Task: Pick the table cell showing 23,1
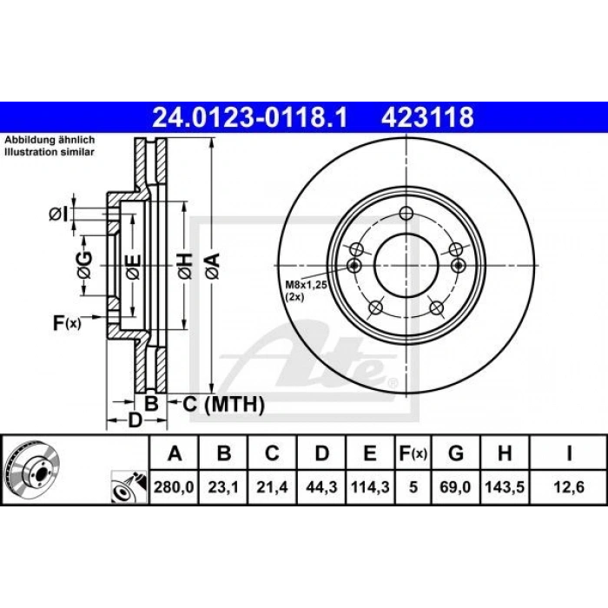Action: point(224,486)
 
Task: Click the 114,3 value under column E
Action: point(370,486)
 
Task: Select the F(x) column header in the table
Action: point(413,453)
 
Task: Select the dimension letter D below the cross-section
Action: point(135,422)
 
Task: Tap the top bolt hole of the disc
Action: point(406,215)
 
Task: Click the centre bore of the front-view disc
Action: point(406,263)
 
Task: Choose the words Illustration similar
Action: point(46,150)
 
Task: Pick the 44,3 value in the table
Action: point(321,486)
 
